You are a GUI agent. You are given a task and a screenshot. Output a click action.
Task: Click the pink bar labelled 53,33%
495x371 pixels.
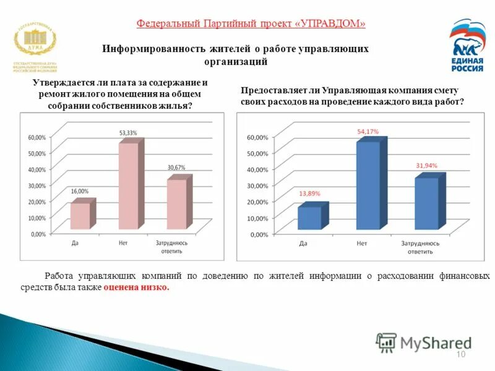pos(129,185)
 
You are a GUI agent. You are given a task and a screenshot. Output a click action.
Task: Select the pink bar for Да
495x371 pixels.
pos(80,215)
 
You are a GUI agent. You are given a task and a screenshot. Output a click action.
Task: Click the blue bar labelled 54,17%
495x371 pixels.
pos(368,185)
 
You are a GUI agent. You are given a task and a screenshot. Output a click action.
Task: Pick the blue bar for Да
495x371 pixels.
pos(309,218)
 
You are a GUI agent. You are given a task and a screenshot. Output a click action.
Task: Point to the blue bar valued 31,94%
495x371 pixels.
pos(426,203)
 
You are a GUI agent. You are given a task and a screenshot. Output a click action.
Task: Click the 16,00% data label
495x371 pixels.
pos(79,191)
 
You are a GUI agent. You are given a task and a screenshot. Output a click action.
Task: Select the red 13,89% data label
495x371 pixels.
pos(309,194)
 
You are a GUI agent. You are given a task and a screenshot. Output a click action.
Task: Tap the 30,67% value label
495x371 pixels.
pos(176,168)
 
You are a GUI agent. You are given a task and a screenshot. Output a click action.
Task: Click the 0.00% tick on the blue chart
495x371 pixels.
pos(259,234)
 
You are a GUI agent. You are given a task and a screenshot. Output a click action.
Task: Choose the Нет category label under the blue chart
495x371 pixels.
pos(362,244)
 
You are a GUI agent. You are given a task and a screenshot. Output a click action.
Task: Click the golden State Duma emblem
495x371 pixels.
pos(35,41)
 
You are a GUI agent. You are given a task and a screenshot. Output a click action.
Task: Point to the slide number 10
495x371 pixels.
pos(460,354)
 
